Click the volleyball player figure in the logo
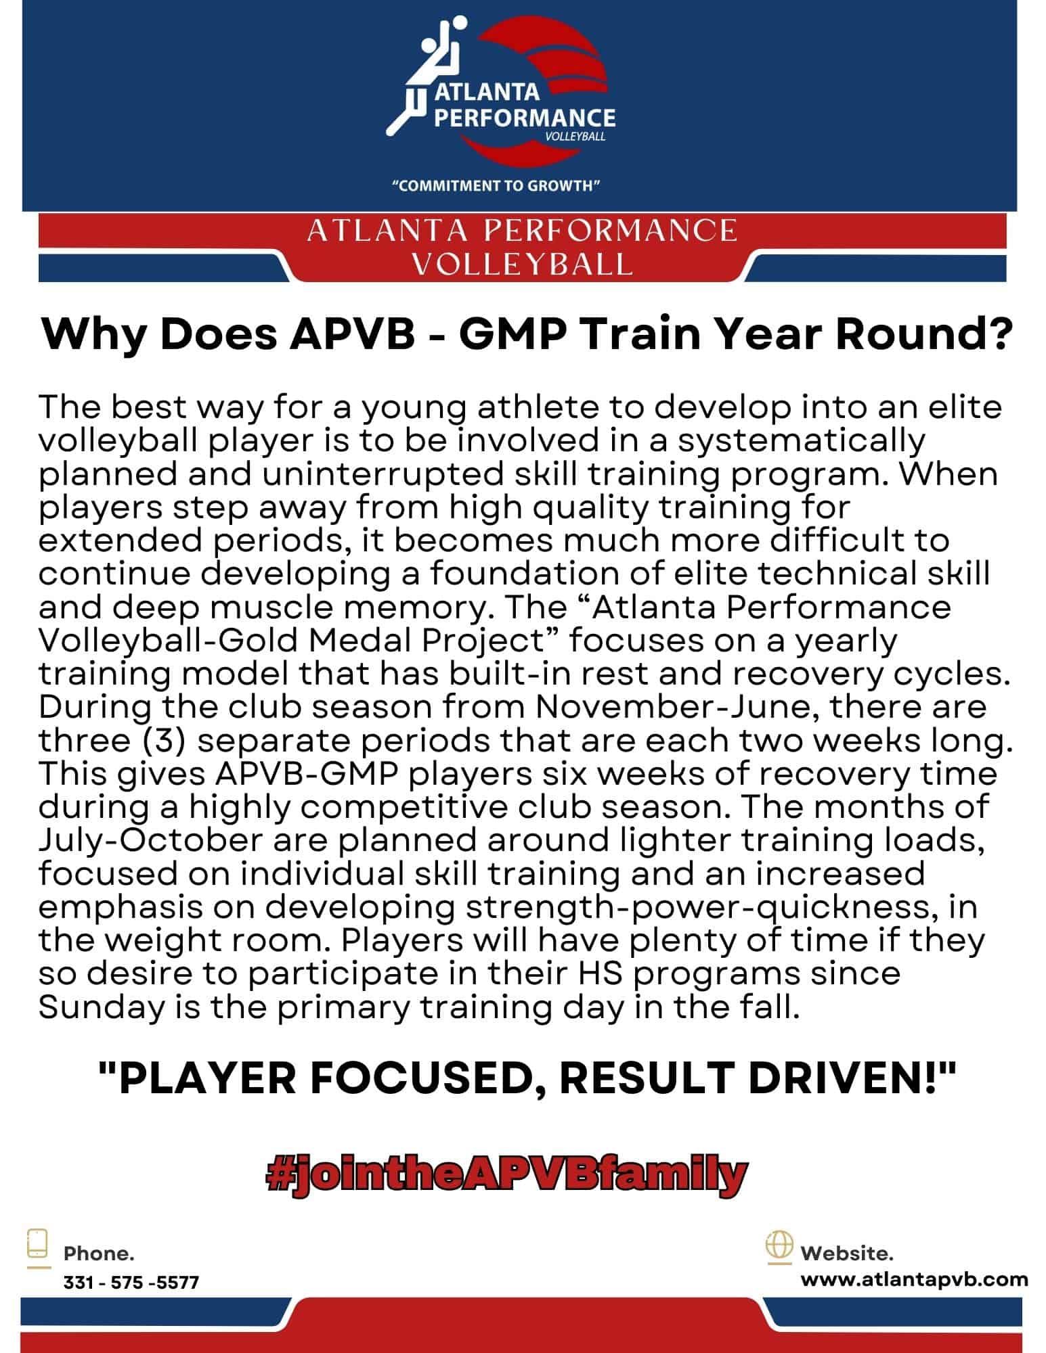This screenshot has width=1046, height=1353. pos(425,74)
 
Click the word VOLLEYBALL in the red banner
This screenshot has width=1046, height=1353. pos(522,264)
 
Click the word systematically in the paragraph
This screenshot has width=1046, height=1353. pos(802,441)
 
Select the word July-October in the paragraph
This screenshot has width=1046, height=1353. pos(150,841)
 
